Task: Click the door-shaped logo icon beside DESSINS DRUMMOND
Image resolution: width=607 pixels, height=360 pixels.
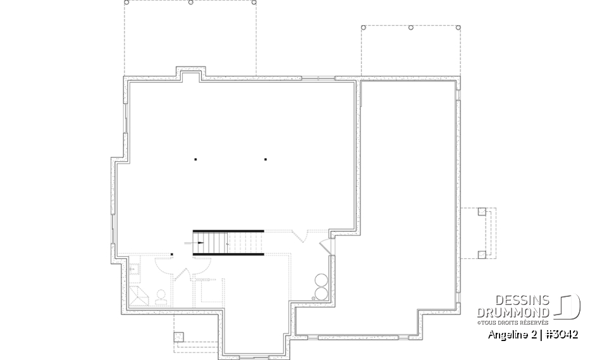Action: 569,307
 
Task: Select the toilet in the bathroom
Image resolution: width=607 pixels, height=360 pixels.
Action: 161,297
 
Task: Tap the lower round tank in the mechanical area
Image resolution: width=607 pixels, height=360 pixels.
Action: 321,293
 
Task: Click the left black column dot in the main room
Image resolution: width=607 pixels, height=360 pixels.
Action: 195,159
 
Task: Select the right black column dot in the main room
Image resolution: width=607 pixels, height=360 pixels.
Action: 266,159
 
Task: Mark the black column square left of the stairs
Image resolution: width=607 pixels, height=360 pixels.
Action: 172,255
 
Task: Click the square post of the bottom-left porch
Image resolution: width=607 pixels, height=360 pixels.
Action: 178,336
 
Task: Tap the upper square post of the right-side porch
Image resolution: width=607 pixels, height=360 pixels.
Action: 481,212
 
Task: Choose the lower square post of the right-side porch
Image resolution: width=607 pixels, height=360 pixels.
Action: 481,254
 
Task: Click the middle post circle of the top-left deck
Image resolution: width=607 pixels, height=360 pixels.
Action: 191,3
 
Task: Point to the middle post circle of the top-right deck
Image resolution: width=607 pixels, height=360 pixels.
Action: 411,28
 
